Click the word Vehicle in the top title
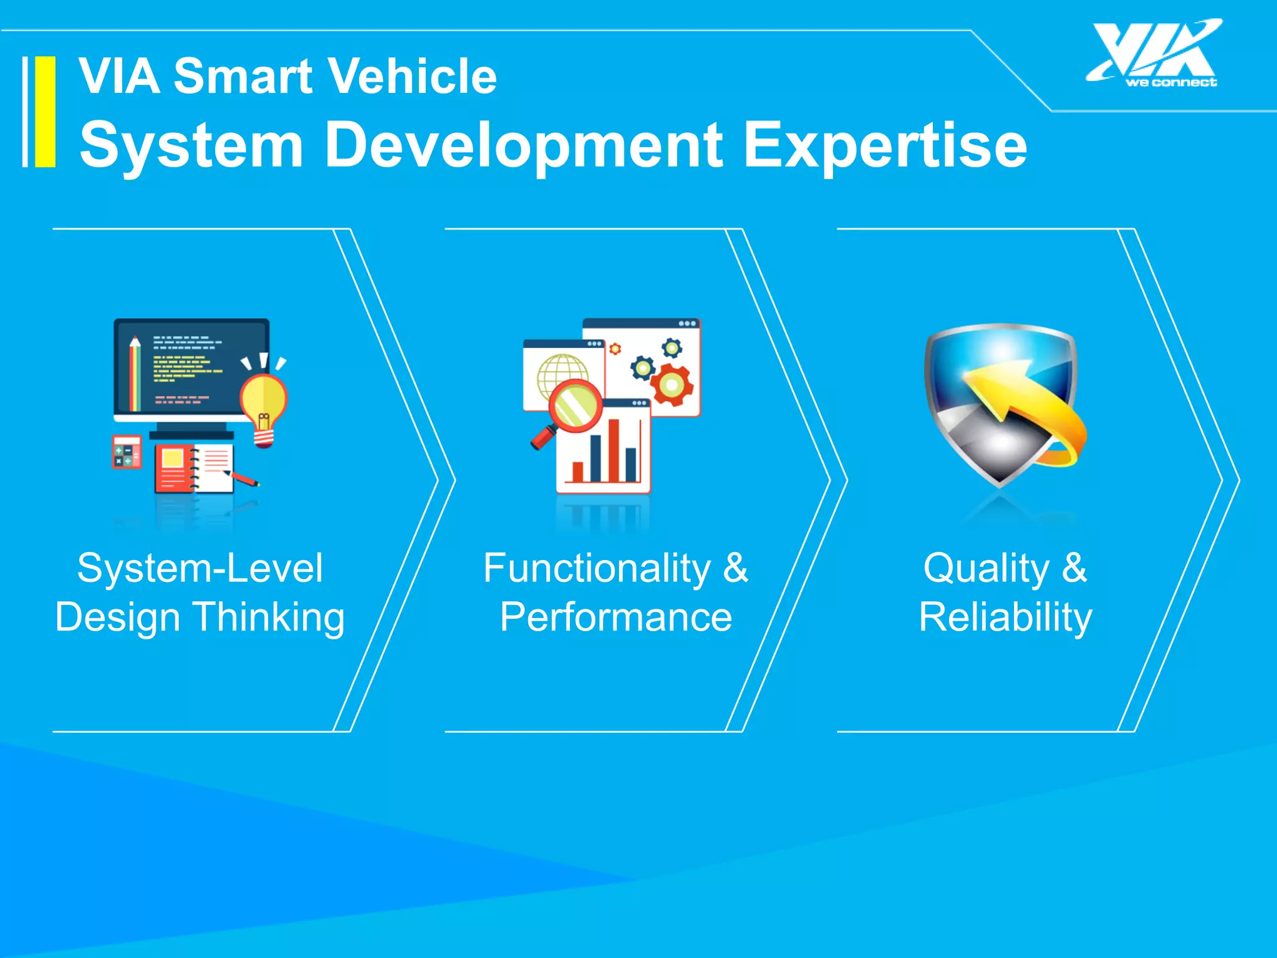pos(412,76)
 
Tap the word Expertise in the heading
pos(885,145)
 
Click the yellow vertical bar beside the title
pos(45,112)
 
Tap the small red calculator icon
pos(127,452)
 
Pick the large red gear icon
pos(672,385)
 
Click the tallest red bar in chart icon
pos(614,450)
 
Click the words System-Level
pos(200,568)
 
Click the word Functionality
pos(597,568)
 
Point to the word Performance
pos(615,617)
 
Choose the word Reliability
pos(1005,617)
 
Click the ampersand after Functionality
pos(736,568)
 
